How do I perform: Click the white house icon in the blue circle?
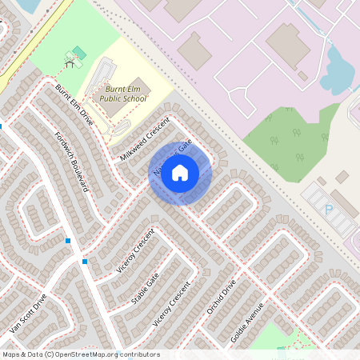[180, 172]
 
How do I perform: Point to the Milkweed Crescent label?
[145, 137]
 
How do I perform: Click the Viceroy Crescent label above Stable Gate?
[135, 255]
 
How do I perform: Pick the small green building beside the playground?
[78, 52]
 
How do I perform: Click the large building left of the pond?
[288, 44]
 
